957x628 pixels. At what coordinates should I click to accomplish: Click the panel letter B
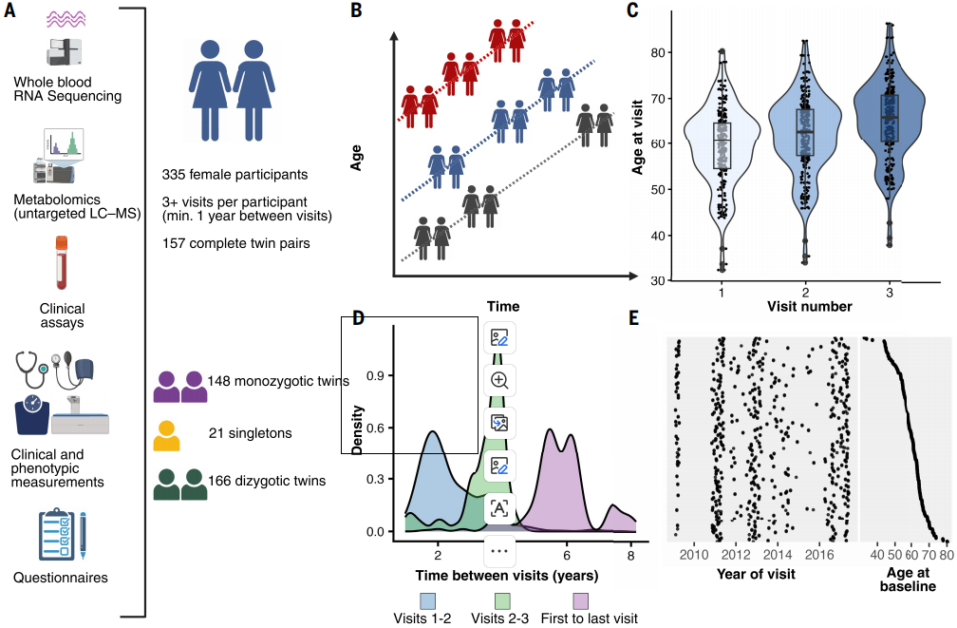(x=356, y=11)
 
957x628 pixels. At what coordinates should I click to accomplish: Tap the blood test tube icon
(x=61, y=262)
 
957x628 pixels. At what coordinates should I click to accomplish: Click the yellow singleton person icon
(x=166, y=435)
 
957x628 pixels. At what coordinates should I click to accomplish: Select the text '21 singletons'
(x=251, y=433)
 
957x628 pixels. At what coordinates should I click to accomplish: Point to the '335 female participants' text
(x=235, y=175)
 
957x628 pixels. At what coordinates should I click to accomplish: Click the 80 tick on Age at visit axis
(x=657, y=52)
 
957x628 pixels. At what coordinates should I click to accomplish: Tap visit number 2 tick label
(x=805, y=293)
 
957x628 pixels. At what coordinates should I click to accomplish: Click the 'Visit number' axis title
(x=809, y=307)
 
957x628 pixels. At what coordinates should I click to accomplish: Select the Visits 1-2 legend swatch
(x=427, y=600)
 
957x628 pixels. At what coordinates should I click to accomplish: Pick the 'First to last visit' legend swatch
(x=580, y=600)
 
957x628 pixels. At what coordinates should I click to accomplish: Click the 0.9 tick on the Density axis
(x=375, y=375)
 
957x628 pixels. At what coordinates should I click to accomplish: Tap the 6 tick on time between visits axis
(x=567, y=555)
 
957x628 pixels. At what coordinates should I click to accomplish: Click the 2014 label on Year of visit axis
(x=777, y=555)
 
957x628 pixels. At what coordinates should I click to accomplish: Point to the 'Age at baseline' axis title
(x=908, y=580)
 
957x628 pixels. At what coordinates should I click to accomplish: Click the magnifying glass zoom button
(x=499, y=380)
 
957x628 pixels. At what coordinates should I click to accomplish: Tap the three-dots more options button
(x=499, y=551)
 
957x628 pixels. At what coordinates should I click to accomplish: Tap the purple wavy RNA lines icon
(x=66, y=20)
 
